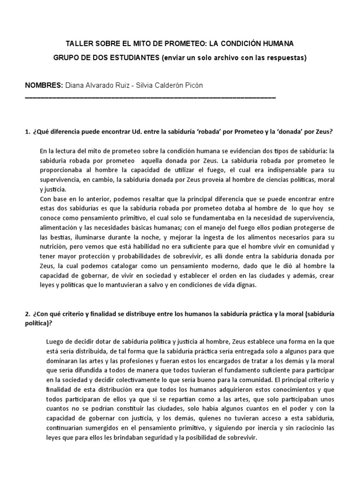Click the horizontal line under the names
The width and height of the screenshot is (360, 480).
point(150,97)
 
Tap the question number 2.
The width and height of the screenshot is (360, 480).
point(27,314)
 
